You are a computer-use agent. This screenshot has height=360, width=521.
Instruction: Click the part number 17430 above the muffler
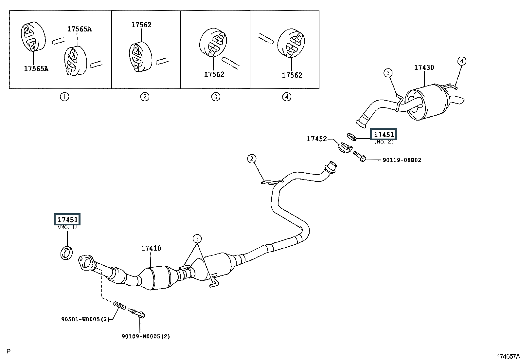(x=424, y=67)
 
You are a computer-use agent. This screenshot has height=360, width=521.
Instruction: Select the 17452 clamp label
(x=317, y=139)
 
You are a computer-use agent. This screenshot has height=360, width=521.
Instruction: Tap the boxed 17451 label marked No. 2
(x=384, y=134)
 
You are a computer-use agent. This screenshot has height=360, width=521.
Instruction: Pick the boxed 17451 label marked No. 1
(x=67, y=219)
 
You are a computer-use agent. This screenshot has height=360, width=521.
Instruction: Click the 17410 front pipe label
(x=151, y=248)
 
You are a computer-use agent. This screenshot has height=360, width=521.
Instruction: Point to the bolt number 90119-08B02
(x=402, y=160)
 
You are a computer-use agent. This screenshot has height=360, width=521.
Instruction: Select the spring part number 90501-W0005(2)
(x=85, y=319)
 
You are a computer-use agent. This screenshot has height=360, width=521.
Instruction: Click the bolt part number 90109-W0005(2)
(x=146, y=336)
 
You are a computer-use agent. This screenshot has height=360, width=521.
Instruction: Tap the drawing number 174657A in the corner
(x=509, y=356)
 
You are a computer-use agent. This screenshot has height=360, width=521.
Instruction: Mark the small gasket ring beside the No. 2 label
(x=352, y=137)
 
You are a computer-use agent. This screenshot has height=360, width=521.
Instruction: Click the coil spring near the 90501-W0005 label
(x=119, y=305)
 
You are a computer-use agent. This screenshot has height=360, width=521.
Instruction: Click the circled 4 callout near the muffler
(x=462, y=61)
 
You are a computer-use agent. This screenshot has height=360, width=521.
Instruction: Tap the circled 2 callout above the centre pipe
(x=252, y=159)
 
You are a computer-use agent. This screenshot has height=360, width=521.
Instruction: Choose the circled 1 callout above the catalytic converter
(x=197, y=239)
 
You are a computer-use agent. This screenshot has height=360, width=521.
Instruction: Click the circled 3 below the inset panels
(x=216, y=96)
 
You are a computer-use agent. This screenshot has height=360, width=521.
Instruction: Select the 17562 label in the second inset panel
(x=141, y=25)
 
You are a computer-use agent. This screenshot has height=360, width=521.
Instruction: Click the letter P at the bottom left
(x=9, y=351)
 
